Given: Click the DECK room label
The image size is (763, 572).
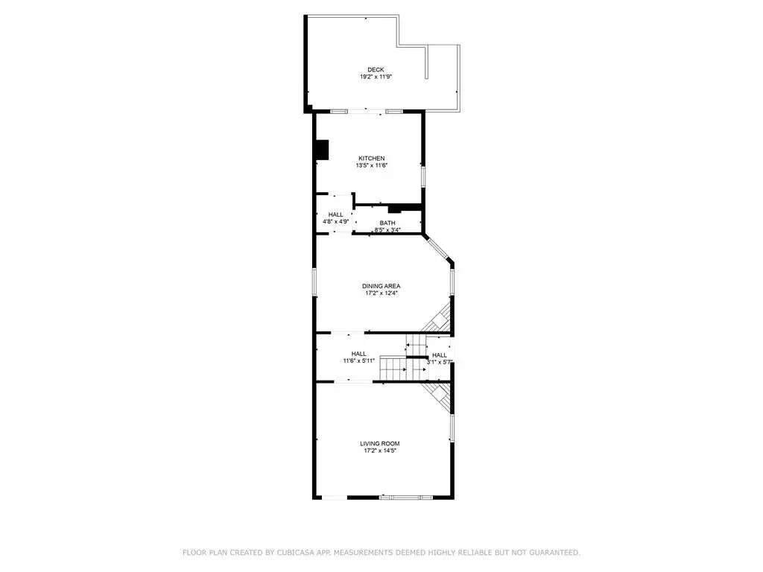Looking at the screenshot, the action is tap(376, 69).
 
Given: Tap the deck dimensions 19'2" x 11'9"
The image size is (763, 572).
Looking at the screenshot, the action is tap(376, 77).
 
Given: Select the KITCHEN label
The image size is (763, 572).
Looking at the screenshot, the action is tap(372, 158).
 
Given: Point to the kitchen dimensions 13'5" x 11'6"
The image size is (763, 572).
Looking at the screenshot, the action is tap(372, 165).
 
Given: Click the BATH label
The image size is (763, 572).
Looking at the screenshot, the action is tap(387, 223).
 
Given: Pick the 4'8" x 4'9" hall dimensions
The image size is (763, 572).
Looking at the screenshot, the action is tap(336, 222).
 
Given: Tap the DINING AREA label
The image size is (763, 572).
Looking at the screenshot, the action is tap(381, 286).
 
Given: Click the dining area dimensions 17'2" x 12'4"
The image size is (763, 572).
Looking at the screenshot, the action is tap(381, 293).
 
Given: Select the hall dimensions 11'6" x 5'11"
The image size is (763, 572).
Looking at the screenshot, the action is tap(358, 361).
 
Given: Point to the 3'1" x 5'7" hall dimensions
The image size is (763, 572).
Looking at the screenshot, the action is tap(440, 363).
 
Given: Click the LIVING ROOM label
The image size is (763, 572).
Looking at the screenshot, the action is tap(380, 444).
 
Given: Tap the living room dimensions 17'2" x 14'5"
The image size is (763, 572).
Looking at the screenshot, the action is tap(380, 451).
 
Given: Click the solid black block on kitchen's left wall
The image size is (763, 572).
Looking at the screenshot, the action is tap(322, 149).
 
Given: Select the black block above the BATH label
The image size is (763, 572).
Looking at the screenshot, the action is tap(395, 209).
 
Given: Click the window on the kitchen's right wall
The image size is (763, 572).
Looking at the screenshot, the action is tap(423, 177).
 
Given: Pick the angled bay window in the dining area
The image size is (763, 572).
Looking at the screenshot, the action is tap(438, 249).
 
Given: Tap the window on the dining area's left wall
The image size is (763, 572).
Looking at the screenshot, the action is tap(314, 282).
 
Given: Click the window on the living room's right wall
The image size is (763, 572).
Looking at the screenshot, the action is tap(452, 428).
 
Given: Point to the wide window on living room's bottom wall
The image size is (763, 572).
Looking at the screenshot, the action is tap(406, 497).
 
